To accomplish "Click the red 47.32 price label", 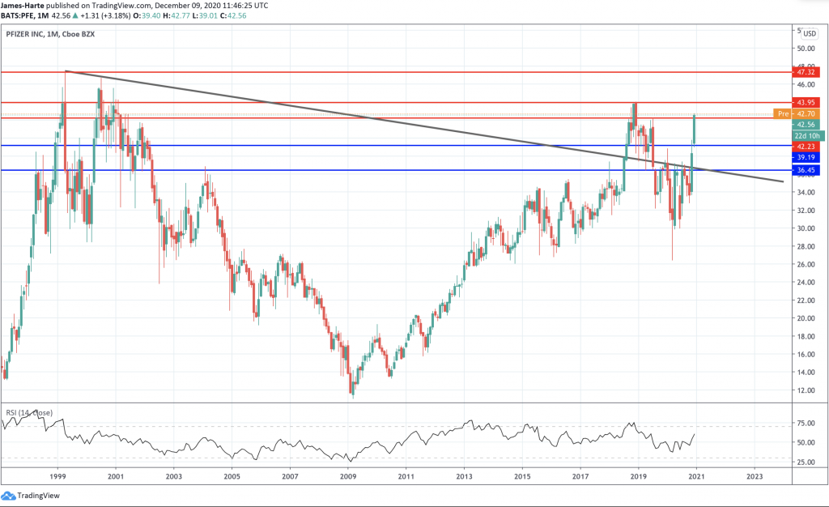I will pyautogui.click(x=806, y=72).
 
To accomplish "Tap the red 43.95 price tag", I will pyautogui.click(x=806, y=103).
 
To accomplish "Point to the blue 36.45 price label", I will pyautogui.click(x=806, y=170).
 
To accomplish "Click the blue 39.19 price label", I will pyautogui.click(x=806, y=157).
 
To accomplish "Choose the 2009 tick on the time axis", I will pyautogui.click(x=348, y=476).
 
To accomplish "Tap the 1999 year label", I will pyautogui.click(x=57, y=476).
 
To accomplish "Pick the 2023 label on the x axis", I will pyautogui.click(x=755, y=476).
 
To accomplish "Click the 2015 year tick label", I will pyautogui.click(x=522, y=476).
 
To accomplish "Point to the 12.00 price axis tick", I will pyautogui.click(x=805, y=390).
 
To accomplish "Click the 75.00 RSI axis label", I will pyautogui.click(x=805, y=423).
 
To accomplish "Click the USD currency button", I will pyautogui.click(x=808, y=34).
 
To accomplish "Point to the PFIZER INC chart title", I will pyautogui.click(x=28, y=34).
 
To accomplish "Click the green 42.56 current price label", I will pyautogui.click(x=806, y=125).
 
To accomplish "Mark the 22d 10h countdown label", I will pyautogui.click(x=806, y=136).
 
